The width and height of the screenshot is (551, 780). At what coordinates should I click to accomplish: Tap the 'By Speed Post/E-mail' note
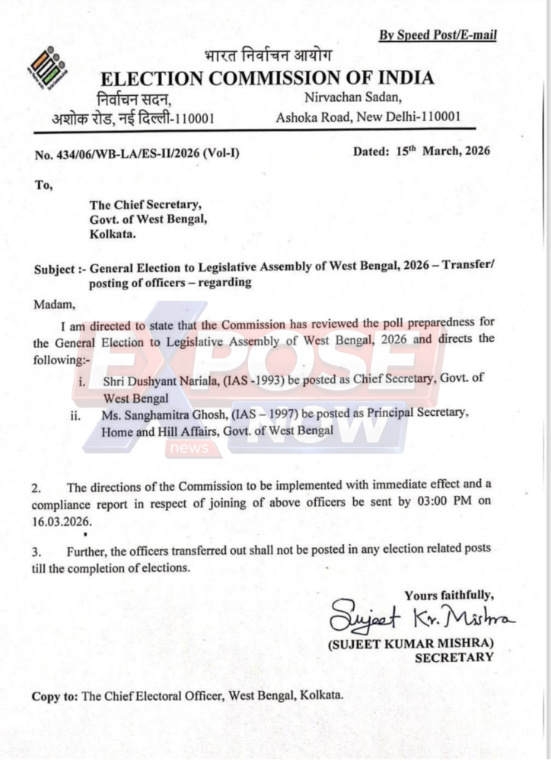tap(438, 36)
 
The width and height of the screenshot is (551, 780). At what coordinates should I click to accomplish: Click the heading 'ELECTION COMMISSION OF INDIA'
tap(268, 78)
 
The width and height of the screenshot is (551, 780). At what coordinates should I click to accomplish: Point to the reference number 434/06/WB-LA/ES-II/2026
tap(137, 153)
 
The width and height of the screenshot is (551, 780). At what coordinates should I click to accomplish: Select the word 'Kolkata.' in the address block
tap(113, 235)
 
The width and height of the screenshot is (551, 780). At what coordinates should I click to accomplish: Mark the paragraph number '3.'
tap(37, 550)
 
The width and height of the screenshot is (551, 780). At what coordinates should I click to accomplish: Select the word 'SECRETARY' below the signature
tap(454, 657)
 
